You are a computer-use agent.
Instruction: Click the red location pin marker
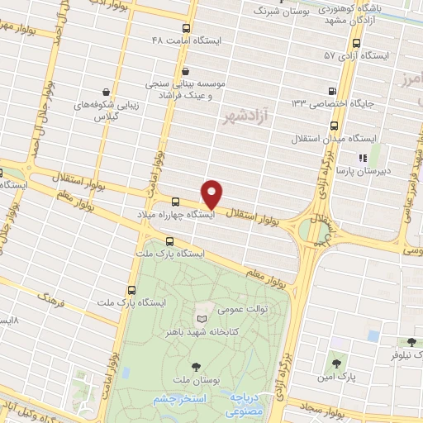(x=213, y=194)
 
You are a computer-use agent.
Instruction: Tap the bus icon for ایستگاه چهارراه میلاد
(x=175, y=202)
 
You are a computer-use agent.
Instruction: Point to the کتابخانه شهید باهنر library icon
(x=203, y=318)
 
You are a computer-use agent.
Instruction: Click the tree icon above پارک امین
(x=335, y=362)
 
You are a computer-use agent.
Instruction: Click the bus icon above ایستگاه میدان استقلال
(x=334, y=126)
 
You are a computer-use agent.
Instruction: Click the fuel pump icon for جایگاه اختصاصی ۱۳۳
(x=332, y=92)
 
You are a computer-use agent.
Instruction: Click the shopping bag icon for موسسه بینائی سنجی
(x=186, y=72)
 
